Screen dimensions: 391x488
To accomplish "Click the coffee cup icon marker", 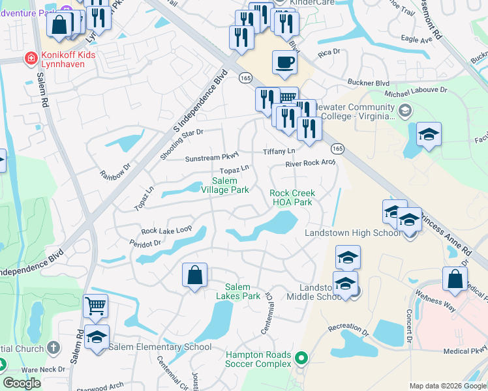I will coord(284,63).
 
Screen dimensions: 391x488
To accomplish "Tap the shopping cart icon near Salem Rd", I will coord(96,305).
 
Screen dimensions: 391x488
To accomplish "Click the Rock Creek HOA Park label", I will coord(292,197).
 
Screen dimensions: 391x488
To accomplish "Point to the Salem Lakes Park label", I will coord(243,291).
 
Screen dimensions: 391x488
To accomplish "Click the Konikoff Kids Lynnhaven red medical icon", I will coord(30,59).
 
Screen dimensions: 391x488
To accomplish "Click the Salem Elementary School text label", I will coord(160,347).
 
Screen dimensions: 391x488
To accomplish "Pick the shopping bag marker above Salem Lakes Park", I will coord(195,275).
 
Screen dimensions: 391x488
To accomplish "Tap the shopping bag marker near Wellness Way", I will coord(455,279).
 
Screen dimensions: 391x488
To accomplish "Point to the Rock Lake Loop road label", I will coord(166,230).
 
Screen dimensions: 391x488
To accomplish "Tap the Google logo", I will coord(22,383).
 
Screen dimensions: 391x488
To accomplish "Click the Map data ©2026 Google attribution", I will coord(447,386).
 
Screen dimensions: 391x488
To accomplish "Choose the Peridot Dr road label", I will coord(145,243).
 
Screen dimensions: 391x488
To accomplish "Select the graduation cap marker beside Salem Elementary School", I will coord(97,337).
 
